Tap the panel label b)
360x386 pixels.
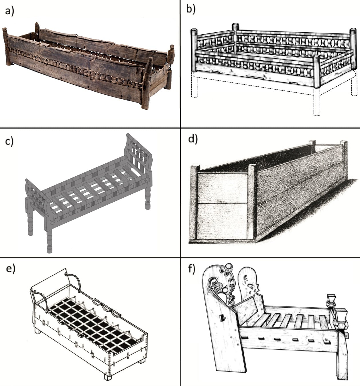pyautogui.click(x=191, y=9)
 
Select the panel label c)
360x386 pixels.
pyautogui.click(x=9, y=141)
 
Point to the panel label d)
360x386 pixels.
pyautogui.click(x=192, y=139)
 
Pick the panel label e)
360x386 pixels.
pyautogui.click(x=10, y=270)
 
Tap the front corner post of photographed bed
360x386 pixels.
pyautogui.click(x=146, y=83)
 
